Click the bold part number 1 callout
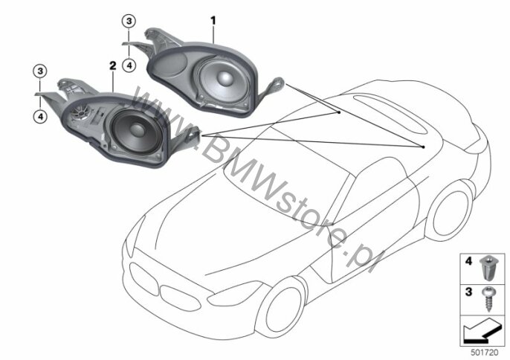coord(213,21)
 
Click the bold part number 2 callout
coord(112,65)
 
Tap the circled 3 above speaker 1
coord(129,21)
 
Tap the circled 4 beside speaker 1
coord(129,65)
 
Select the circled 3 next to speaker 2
coord(40,71)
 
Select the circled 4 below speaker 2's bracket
coord(40,116)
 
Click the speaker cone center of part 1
coord(225,78)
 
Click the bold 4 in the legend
coord(468,261)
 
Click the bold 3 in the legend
coord(468,292)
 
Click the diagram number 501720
coord(485,353)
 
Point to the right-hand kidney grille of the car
coord(180,298)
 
